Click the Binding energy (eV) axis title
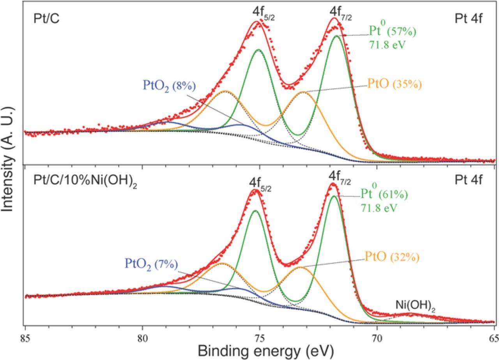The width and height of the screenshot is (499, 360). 265,351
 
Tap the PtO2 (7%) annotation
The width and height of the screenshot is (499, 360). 151,264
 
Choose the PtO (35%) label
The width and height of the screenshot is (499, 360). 394,84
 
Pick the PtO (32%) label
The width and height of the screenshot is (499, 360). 392,257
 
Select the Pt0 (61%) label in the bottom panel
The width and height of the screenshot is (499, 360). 384,194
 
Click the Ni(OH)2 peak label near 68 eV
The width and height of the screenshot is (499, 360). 415,305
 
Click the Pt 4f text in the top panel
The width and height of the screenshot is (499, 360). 469,18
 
